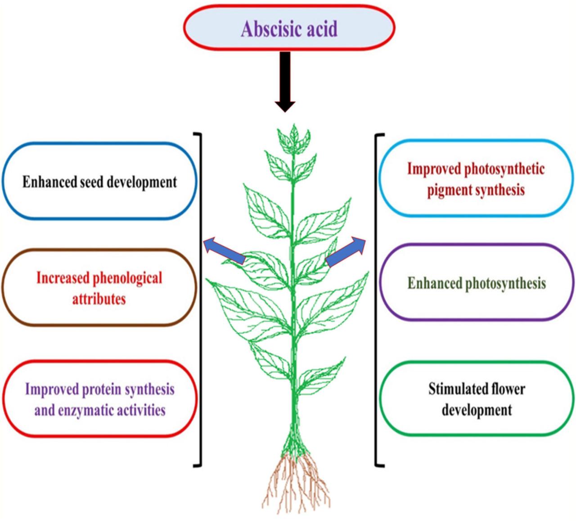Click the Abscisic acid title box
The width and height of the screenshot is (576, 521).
coord(289,28)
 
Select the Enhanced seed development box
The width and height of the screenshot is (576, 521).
coord(99,181)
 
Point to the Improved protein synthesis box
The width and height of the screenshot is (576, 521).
coord(99,399)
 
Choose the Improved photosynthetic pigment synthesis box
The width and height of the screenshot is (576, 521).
coord(476,179)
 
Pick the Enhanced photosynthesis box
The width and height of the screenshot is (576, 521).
coord(477,283)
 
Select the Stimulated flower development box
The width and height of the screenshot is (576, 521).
coord(477,399)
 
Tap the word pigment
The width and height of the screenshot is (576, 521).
coord(450,190)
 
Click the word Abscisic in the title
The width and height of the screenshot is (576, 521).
coord(265,29)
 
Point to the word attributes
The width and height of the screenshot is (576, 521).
coord(99,299)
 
